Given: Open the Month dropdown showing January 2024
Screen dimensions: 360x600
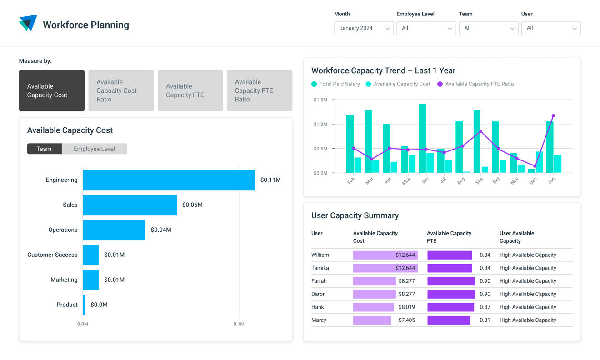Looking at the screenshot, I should (x=364, y=28).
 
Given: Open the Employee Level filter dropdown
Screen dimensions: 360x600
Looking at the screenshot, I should (x=426, y=28).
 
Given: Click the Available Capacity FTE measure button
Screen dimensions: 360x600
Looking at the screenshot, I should (x=190, y=90).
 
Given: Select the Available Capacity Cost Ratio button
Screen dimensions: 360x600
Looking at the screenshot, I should (x=121, y=90).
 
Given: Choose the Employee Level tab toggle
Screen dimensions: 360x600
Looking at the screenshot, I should (x=94, y=149).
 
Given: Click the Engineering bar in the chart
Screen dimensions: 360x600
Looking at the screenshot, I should (x=169, y=180).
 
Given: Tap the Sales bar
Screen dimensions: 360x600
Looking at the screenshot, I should (x=130, y=205).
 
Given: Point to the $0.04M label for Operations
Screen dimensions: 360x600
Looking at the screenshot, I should (x=161, y=230).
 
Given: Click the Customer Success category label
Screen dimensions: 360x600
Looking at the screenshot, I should (x=52, y=255).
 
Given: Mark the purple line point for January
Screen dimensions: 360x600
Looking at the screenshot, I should (x=553, y=116).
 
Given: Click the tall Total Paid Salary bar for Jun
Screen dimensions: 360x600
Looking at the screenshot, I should (x=422, y=138).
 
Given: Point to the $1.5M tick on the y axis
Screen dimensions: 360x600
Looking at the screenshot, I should (x=320, y=100).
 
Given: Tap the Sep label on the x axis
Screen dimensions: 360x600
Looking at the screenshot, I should (x=479, y=181).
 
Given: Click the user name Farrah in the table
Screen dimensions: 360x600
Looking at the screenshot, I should (x=319, y=281).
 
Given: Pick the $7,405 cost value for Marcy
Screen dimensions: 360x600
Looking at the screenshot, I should (x=406, y=320).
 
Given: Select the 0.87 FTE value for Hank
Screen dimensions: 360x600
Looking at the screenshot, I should (x=485, y=307).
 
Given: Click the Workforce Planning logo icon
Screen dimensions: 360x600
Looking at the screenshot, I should (x=28, y=23).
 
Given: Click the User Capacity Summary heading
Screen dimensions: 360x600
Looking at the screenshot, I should (x=355, y=215).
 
